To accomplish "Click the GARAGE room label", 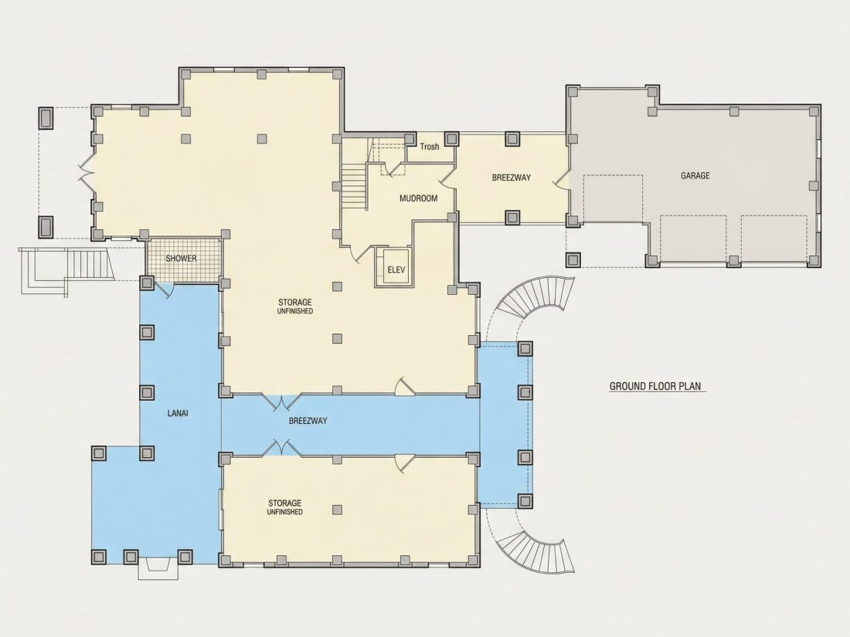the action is pos(695,175).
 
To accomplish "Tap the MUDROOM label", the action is pos(418,198).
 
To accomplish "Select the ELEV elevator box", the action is pos(396,268).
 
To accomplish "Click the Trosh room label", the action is pos(430,146).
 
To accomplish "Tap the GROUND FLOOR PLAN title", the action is pos(655,386).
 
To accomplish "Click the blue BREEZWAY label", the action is pos(308,420).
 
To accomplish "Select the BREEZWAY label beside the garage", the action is pos(512,177).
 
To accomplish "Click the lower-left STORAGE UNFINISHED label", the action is pos(284,507).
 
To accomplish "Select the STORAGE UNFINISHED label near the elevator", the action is pos(295,306).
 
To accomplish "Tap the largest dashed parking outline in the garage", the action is pos(613,198).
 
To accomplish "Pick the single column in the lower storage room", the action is pos(337,509).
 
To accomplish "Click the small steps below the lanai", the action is pos(157,568).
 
